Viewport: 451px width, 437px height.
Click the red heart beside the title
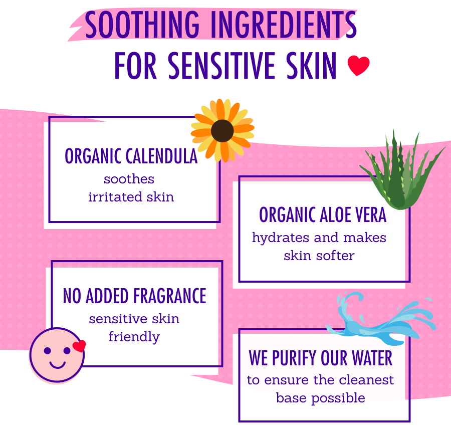[x=358, y=66]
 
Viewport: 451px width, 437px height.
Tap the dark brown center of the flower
[x=222, y=131]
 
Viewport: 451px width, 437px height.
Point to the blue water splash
[x=381, y=318]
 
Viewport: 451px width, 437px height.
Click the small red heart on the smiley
[x=79, y=346]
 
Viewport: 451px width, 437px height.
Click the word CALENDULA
[x=161, y=156]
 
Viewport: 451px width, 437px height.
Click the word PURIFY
[x=294, y=358]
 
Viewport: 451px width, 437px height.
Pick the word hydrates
[x=282, y=237]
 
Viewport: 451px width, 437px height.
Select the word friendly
[x=134, y=337]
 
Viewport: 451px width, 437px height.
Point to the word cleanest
[x=367, y=380]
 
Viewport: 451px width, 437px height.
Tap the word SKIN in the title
[x=316, y=66]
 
